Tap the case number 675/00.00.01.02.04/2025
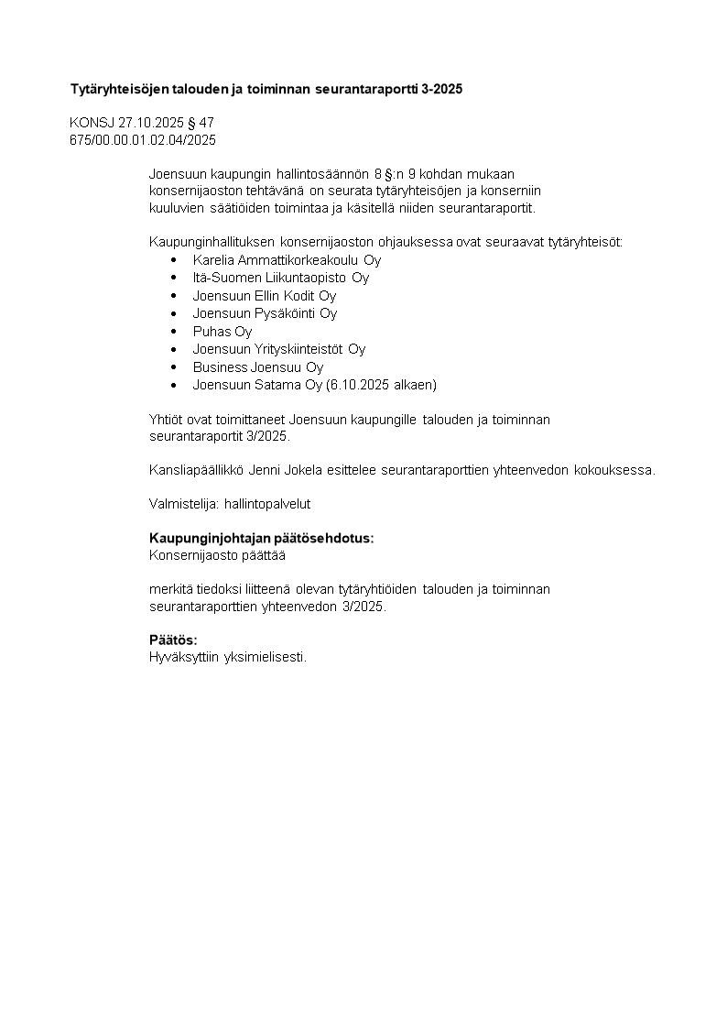[143, 139]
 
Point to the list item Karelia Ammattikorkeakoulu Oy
[287, 260]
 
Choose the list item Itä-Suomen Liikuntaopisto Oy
[280, 278]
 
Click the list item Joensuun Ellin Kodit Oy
[264, 296]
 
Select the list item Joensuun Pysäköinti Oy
[265, 313]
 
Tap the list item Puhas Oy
[222, 332]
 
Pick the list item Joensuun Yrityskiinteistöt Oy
[278, 349]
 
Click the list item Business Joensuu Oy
[257, 367]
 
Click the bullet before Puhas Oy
[173, 332]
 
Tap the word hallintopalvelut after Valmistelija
[274, 503]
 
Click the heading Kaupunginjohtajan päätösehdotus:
[261, 538]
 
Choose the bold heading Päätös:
[173, 640]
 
